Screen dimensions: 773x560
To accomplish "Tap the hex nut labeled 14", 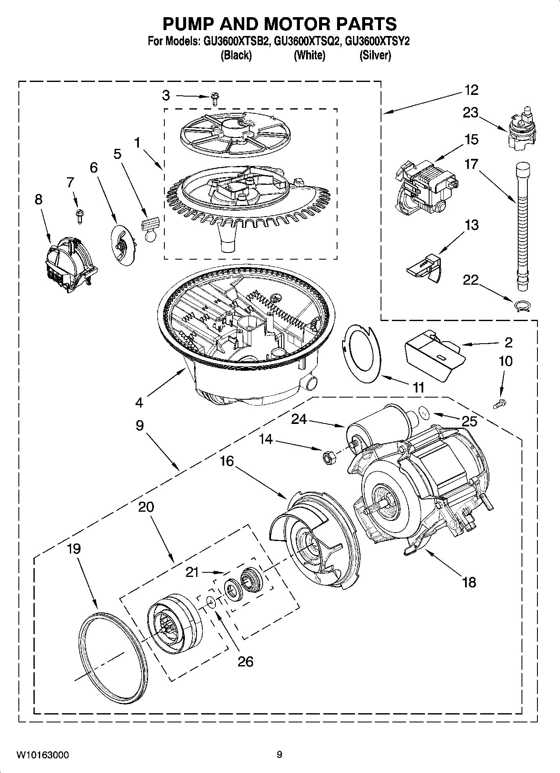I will (327, 457).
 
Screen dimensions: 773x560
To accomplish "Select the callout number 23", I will (470, 112).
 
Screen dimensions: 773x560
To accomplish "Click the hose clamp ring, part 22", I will (522, 306).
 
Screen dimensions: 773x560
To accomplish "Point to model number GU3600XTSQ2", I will (304, 42).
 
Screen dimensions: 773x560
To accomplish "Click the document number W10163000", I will (43, 755).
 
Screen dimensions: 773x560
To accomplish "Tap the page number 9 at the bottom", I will (279, 755).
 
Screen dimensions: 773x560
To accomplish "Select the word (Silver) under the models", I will (375, 55).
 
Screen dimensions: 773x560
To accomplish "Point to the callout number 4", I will (139, 403).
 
